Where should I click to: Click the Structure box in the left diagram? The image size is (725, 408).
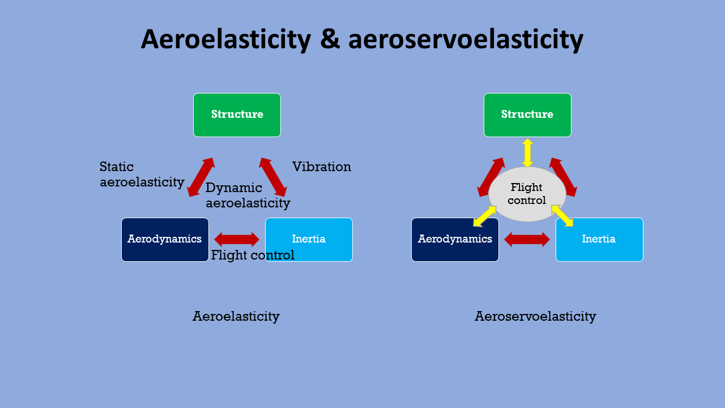pos(237,115)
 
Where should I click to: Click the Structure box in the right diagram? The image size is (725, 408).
pos(527,115)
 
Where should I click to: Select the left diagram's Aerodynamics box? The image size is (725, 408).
pos(165,240)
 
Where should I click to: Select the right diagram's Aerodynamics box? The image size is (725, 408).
pos(455,240)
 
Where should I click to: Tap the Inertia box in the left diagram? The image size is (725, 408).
pos(309,240)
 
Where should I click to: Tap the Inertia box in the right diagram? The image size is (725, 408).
pos(599,240)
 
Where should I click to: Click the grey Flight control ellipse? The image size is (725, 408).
pos(527,194)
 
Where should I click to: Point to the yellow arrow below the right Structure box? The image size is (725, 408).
pos(527,153)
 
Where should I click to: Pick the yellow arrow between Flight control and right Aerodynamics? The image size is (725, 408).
pos(485,216)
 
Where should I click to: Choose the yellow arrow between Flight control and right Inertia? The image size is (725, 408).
pos(562,215)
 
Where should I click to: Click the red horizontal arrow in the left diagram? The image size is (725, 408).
pos(237,240)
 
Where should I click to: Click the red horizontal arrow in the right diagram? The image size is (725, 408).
pos(527,240)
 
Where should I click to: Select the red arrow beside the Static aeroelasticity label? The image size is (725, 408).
pos(201,177)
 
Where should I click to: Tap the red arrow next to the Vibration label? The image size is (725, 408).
pos(273,177)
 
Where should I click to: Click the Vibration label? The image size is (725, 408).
pos(322,167)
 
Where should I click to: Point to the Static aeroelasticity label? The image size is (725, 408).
pos(142,175)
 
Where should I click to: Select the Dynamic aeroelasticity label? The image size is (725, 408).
pos(248,195)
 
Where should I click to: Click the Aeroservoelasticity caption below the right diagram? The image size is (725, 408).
pos(535,316)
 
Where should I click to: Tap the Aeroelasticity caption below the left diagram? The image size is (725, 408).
pos(236,316)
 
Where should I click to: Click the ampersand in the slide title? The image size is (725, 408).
pos(330,40)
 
